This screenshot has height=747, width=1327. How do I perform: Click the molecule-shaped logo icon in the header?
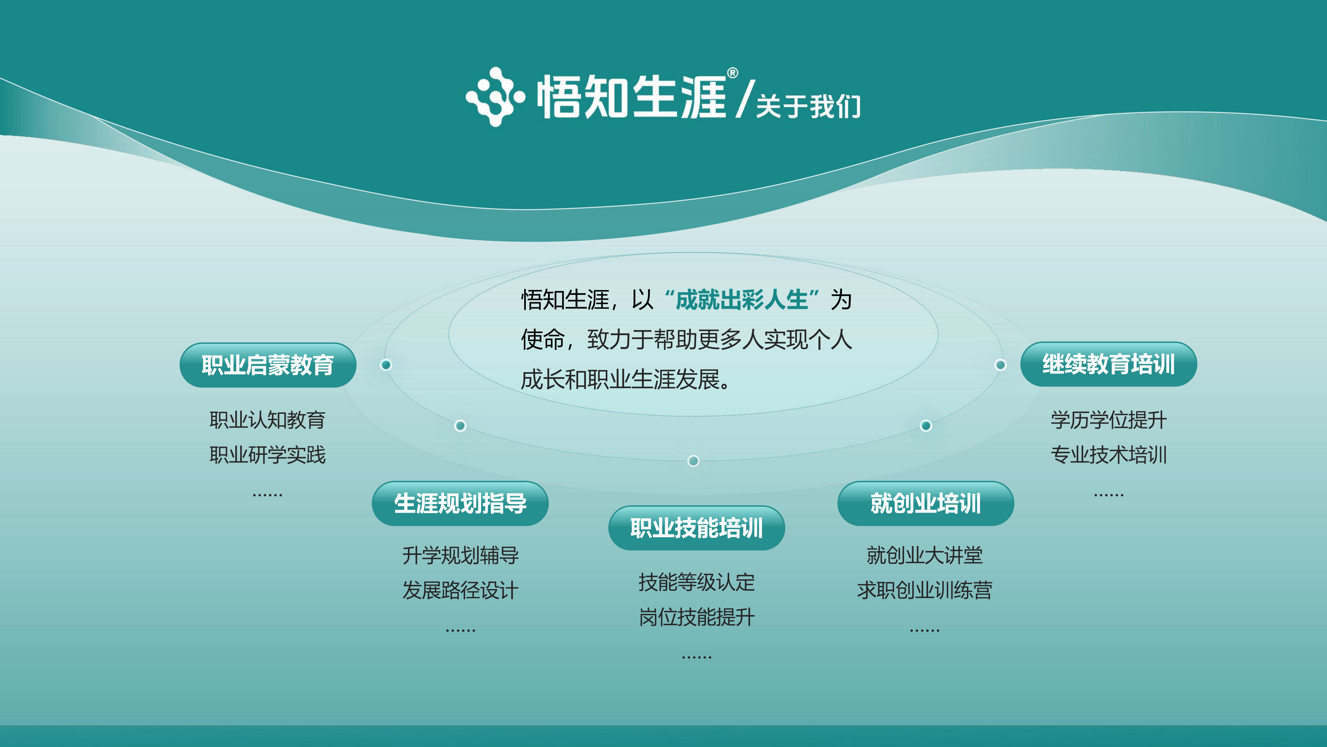coord(495,96)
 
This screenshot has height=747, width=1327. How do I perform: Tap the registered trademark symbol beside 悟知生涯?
coord(733,73)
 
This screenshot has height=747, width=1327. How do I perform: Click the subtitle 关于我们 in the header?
coord(808,106)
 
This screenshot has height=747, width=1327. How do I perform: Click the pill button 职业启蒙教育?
coord(268,365)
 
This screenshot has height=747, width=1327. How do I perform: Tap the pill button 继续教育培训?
coord(1109,364)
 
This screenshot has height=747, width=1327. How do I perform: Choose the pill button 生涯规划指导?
coord(460,504)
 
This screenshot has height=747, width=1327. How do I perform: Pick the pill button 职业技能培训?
coord(696,528)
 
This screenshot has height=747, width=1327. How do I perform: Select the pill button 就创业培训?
coord(926,504)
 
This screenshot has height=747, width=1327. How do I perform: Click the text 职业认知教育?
coord(267,420)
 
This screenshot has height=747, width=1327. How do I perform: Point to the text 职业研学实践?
coord(267,455)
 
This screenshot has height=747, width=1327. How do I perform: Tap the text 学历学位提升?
coord(1109,420)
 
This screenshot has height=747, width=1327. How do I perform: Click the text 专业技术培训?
coord(1109,455)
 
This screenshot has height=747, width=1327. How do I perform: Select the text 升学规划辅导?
coord(460,555)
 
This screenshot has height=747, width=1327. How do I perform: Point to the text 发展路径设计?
coord(460,590)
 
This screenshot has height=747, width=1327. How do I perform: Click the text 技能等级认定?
coord(696,582)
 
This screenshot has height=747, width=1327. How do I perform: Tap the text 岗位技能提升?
coord(696,617)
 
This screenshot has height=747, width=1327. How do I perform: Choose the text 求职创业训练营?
coord(925,590)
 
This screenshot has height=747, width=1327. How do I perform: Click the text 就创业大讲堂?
coord(925,555)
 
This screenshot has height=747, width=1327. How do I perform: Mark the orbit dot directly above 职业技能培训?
coord(693,460)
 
